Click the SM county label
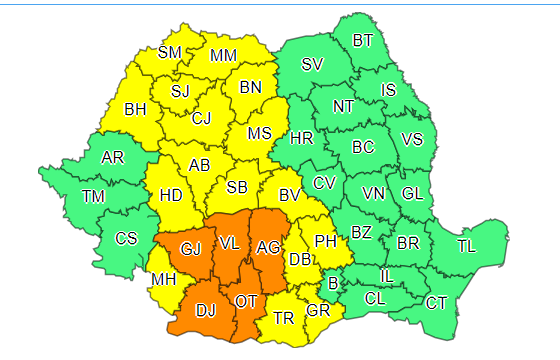click(x=170, y=52)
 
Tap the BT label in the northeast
click(x=363, y=41)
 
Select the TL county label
click(x=467, y=246)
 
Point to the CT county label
click(x=437, y=303)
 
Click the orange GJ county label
click(x=190, y=247)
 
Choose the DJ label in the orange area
click(x=205, y=311)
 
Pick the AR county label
click(x=113, y=157)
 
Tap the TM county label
click(x=93, y=196)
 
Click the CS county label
click(x=126, y=238)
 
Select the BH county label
click(x=135, y=110)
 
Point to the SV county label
click(x=313, y=65)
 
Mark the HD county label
click(x=171, y=197)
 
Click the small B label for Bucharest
click(x=333, y=284)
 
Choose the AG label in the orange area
click(x=268, y=247)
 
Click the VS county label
click(x=411, y=139)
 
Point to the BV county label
click(x=290, y=196)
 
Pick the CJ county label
click(x=202, y=120)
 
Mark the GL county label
click(x=411, y=193)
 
